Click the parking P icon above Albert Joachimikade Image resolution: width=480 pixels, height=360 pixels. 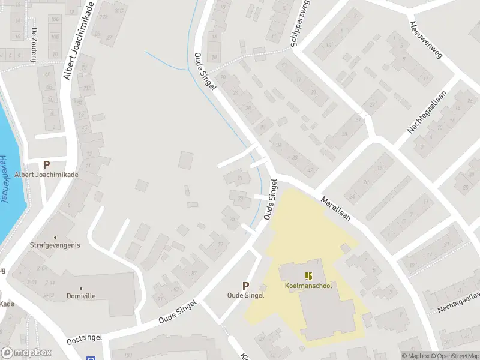click(x=46, y=164)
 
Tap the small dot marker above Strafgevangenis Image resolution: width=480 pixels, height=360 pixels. click(x=55, y=237)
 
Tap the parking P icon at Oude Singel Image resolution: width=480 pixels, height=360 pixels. click(x=245, y=286)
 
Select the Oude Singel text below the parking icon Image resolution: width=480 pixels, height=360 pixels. click(x=245, y=295)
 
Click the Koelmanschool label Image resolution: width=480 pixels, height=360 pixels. click(x=308, y=286)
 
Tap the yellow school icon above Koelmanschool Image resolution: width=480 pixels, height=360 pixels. click(x=308, y=276)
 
